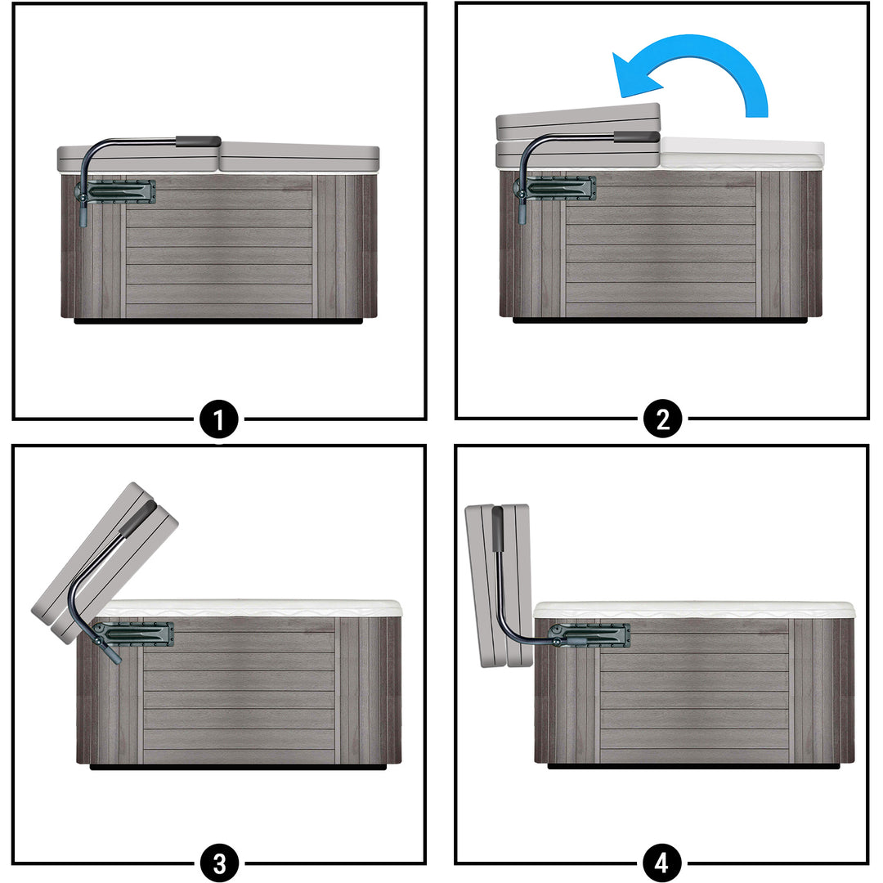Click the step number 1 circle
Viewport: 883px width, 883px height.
(219, 419)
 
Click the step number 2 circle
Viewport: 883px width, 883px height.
(663, 419)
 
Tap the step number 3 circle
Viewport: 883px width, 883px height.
(219, 863)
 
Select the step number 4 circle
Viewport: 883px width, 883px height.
(661, 863)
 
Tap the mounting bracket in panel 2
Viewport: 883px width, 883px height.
(558, 188)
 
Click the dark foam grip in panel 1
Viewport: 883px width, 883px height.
(198, 141)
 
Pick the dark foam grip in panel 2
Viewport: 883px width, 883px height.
(636, 137)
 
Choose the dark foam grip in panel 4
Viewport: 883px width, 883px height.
(498, 529)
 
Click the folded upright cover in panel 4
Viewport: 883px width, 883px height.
(499, 585)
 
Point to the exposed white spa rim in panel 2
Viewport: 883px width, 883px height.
(742, 153)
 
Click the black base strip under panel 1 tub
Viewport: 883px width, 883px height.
(219, 321)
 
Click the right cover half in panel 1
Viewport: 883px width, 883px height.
(299, 157)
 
